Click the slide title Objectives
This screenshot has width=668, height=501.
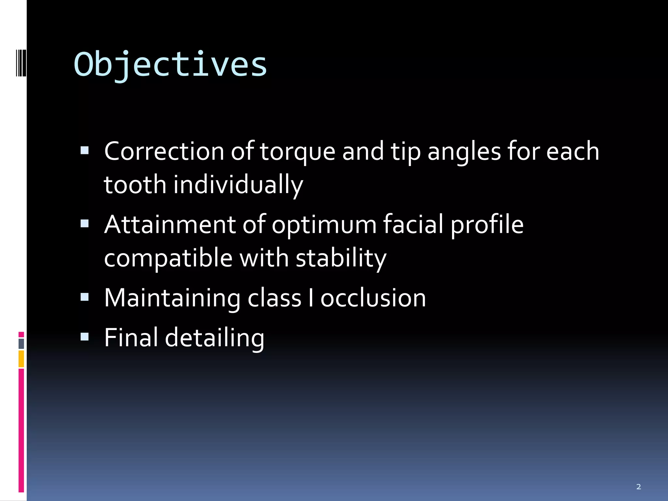click(170, 64)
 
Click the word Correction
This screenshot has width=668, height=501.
click(164, 151)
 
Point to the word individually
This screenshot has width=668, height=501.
click(238, 185)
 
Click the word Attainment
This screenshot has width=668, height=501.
click(170, 225)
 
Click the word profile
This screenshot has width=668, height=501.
click(487, 225)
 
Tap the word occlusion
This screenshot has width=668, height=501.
click(373, 298)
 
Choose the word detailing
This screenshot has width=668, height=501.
click(214, 338)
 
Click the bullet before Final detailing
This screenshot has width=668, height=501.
click(84, 336)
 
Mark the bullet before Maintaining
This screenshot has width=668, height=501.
click(84, 296)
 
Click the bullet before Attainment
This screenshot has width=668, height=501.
click(84, 223)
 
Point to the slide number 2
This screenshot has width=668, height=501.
click(638, 487)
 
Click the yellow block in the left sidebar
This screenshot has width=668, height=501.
click(21, 359)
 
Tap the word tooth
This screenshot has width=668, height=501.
click(135, 185)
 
